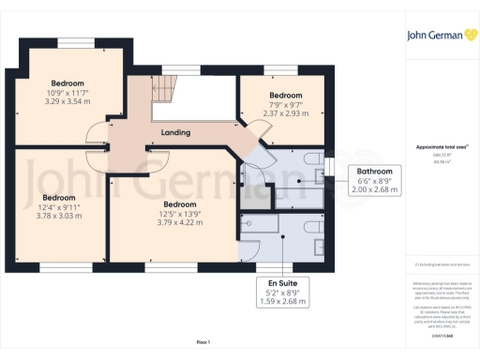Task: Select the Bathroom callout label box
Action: pyautogui.click(x=374, y=180)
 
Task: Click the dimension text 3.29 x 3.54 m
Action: pyautogui.click(x=68, y=101)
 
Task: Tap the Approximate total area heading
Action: pyautogui.click(x=434, y=147)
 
